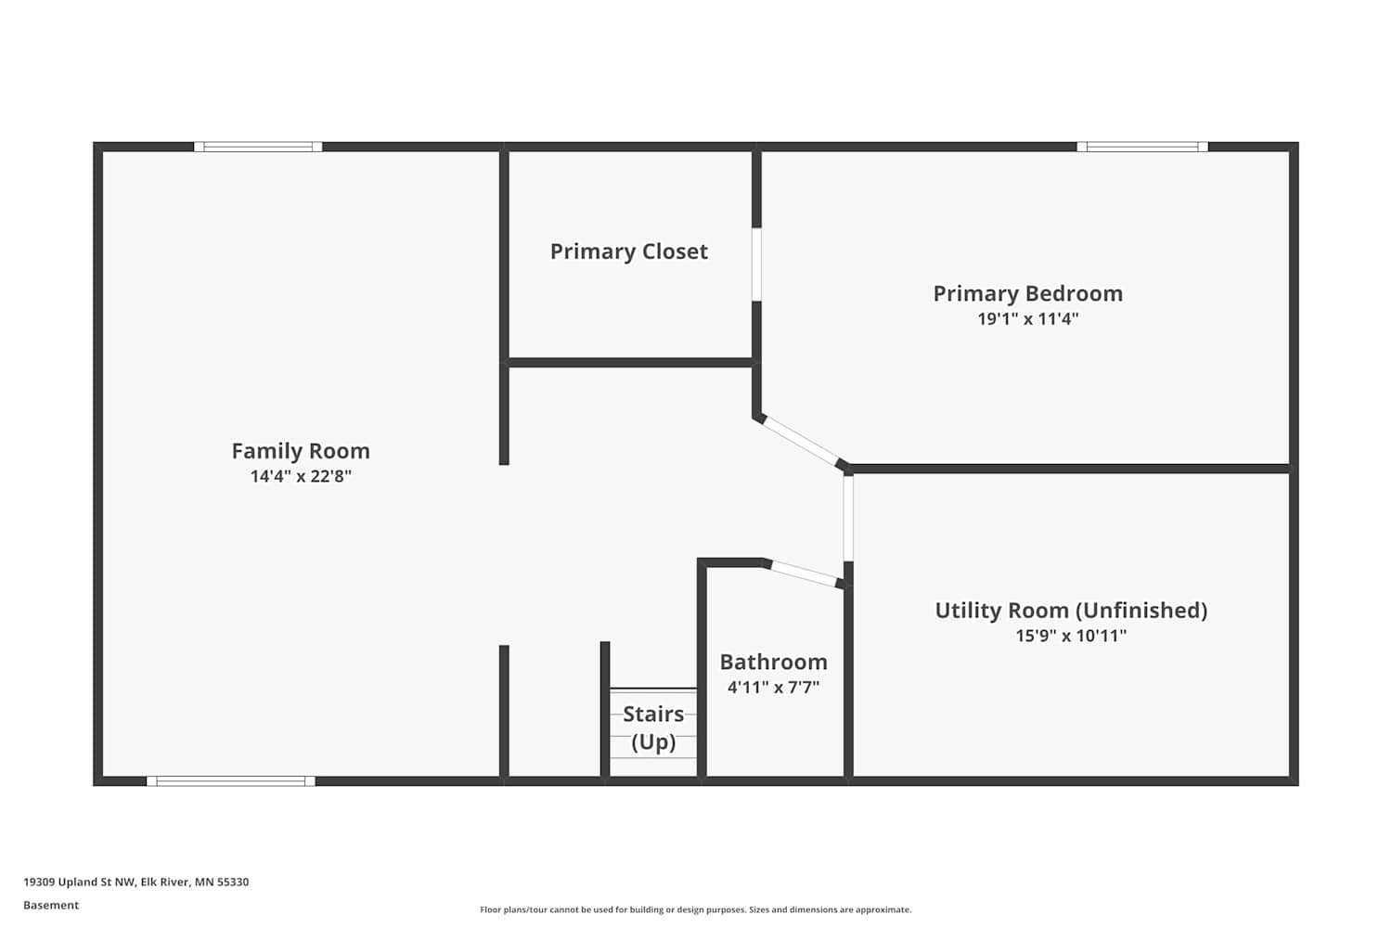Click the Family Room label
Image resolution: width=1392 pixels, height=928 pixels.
click(x=301, y=451)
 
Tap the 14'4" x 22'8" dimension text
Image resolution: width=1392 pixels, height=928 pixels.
click(x=301, y=476)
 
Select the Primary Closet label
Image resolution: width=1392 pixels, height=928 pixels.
click(x=629, y=251)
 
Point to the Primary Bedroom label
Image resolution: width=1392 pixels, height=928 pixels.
click(x=1028, y=293)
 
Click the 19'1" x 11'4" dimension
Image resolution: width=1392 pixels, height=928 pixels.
click(x=1028, y=319)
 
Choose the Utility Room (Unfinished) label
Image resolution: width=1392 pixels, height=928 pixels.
click(x=1071, y=611)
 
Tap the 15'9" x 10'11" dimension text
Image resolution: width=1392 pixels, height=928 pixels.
click(x=1071, y=636)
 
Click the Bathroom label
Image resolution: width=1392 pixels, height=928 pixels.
click(x=774, y=662)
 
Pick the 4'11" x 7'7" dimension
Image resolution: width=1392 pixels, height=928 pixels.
click(x=774, y=688)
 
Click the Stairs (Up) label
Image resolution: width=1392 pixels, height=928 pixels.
click(x=653, y=728)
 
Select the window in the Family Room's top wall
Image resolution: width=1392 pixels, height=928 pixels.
click(x=258, y=147)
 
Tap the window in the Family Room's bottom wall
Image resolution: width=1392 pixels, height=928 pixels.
click(x=230, y=781)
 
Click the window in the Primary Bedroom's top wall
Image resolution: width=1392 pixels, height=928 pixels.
click(x=1142, y=147)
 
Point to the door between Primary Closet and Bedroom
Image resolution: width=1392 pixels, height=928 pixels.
click(x=756, y=264)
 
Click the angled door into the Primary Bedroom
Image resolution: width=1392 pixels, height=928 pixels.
click(x=801, y=442)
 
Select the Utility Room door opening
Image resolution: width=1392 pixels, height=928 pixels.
click(x=848, y=519)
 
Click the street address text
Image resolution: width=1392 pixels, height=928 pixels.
click(x=136, y=882)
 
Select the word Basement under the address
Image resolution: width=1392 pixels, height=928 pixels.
click(x=51, y=906)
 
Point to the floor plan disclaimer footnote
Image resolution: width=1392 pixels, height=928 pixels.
click(x=695, y=910)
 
